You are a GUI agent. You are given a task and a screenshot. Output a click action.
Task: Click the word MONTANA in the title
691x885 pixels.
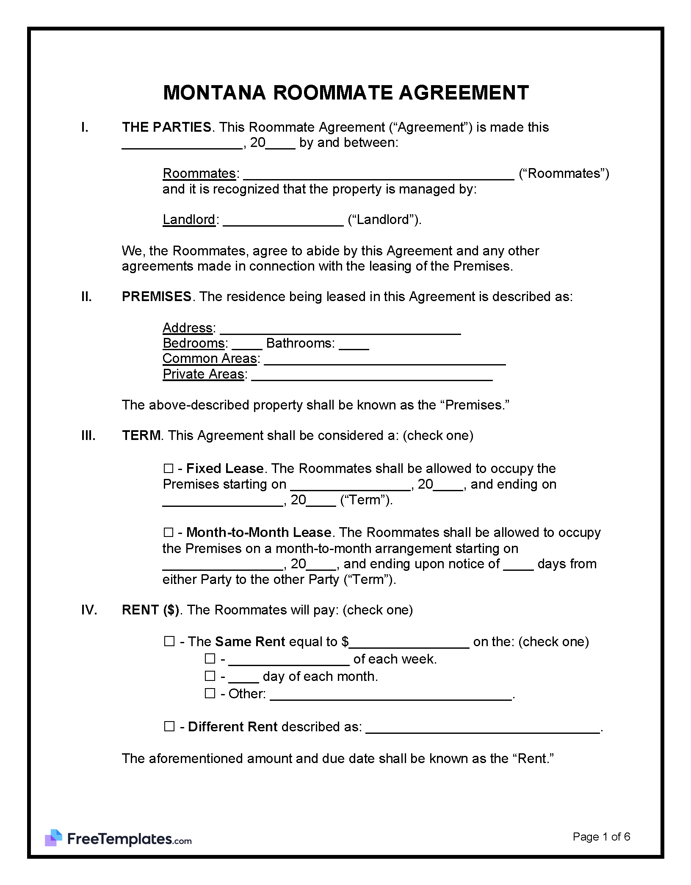(x=214, y=93)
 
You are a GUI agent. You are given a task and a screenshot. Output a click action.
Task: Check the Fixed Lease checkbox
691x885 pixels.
(x=168, y=468)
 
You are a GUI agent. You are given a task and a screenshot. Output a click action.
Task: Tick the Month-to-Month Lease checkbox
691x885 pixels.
(x=168, y=532)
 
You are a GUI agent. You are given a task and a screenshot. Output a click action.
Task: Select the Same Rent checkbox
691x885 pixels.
(x=169, y=642)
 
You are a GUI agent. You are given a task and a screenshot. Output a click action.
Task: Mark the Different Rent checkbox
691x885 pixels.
(x=169, y=727)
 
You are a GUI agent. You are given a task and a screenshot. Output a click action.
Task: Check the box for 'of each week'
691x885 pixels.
(x=210, y=659)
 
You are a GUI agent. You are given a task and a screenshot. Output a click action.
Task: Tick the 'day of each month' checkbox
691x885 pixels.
(x=210, y=676)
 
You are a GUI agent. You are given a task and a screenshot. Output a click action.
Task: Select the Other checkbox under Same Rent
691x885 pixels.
(x=210, y=694)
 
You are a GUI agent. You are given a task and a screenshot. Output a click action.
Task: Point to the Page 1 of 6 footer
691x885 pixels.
(x=601, y=837)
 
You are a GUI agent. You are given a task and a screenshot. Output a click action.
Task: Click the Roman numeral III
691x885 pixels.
(x=88, y=436)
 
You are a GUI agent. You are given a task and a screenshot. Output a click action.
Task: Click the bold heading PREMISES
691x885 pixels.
(x=157, y=297)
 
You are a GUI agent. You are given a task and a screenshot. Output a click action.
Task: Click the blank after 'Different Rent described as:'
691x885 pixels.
(x=483, y=728)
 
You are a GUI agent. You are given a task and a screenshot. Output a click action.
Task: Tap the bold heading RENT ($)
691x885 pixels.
(x=150, y=610)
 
